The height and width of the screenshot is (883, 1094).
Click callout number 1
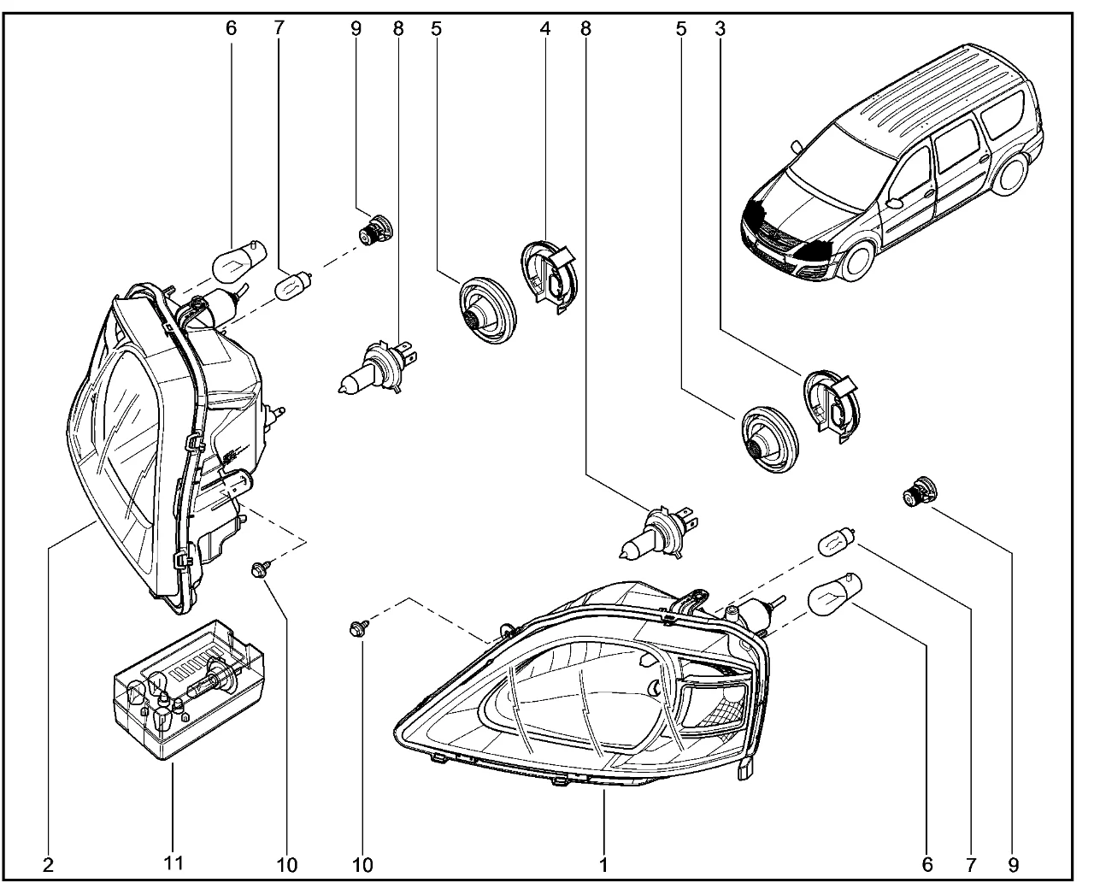click(x=603, y=863)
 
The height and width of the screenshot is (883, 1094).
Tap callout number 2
click(x=48, y=863)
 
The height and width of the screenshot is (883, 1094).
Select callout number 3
click(x=720, y=28)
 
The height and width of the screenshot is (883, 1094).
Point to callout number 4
click(x=544, y=28)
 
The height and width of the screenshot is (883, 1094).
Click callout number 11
click(x=174, y=863)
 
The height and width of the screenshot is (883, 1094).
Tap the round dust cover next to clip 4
click(x=484, y=309)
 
